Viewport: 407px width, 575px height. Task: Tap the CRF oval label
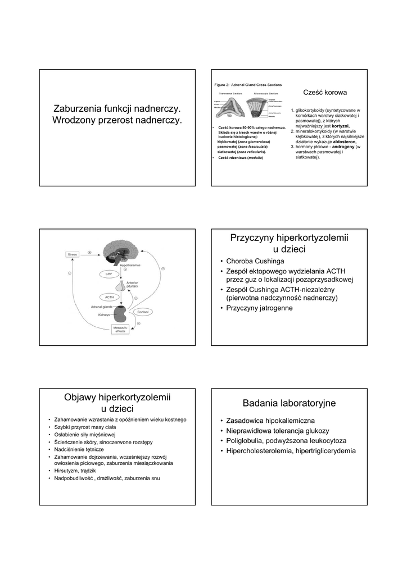point(110,273)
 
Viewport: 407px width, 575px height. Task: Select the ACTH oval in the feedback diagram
point(110,296)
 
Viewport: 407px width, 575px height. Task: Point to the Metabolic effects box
point(121,329)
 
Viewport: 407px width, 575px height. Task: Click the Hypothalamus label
point(129,264)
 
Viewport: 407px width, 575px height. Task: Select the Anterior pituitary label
point(133,285)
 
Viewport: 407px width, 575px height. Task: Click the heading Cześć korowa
point(325,92)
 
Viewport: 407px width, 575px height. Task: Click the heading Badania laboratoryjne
point(289,403)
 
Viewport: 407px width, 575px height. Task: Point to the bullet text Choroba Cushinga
point(255,261)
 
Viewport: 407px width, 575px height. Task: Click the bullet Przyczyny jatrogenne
point(259,308)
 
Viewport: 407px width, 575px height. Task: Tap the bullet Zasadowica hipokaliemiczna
point(270,421)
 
